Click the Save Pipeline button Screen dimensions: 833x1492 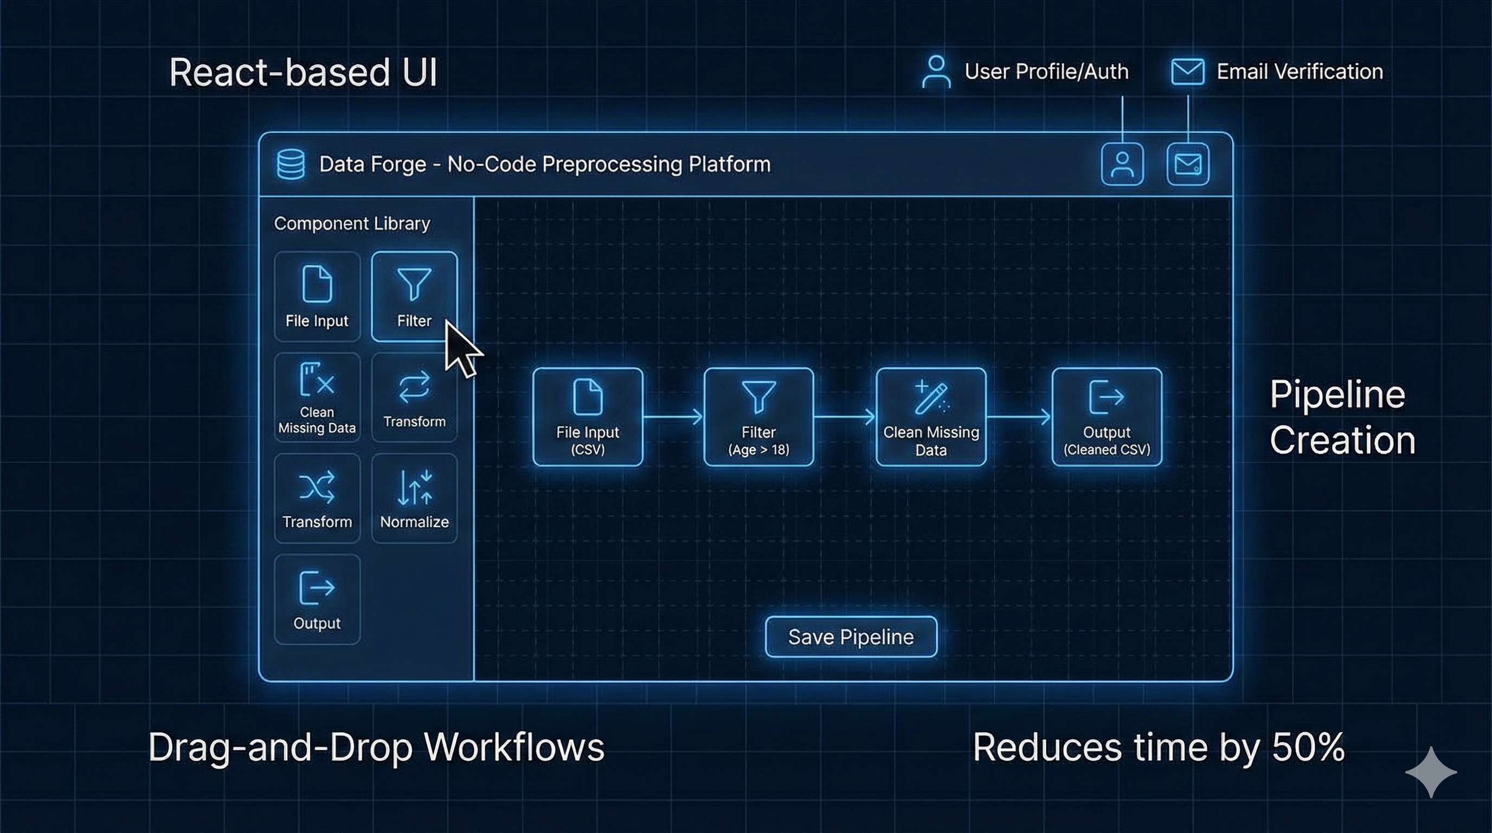(851, 637)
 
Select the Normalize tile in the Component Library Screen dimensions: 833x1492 (414, 498)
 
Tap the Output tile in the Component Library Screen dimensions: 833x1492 (317, 599)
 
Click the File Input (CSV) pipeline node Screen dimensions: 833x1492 (587, 416)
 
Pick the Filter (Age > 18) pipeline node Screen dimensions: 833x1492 (758, 416)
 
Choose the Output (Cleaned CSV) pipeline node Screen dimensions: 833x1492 (1106, 416)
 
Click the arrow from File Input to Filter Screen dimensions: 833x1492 (673, 416)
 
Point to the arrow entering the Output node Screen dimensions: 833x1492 (1019, 416)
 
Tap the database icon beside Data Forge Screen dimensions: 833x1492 (290, 164)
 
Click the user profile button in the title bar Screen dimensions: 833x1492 (1122, 164)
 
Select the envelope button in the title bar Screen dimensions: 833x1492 (1187, 164)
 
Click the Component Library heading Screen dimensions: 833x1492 (351, 223)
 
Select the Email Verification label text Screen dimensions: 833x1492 (1299, 72)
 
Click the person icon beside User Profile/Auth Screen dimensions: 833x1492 (936, 72)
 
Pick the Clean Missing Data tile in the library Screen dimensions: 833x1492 (317, 398)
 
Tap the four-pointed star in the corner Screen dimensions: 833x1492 (1431, 772)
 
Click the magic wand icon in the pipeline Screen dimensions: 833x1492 (931, 398)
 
